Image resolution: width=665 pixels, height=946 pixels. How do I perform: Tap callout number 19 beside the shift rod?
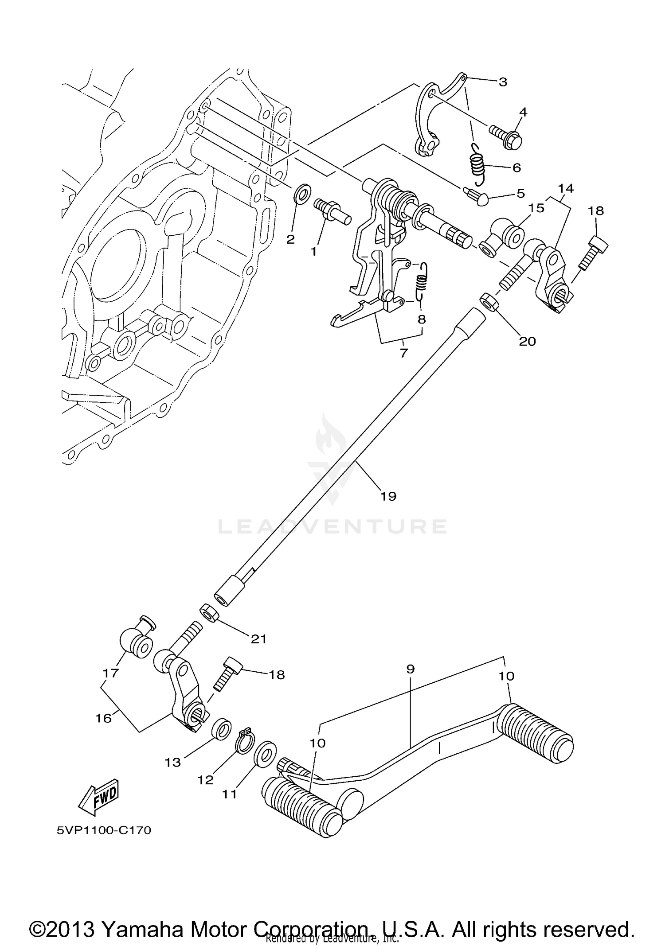coord(388,496)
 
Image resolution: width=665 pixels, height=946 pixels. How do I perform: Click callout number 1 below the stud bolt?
coord(313,252)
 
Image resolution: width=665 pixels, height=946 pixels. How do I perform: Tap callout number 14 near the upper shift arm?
coord(566,188)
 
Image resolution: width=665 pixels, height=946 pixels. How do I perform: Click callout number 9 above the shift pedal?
coord(410,669)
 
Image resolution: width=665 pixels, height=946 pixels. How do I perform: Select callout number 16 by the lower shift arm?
coord(104,718)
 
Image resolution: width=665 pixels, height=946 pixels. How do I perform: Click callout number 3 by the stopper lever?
coord(502,82)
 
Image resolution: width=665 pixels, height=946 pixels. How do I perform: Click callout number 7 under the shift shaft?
coord(403,353)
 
